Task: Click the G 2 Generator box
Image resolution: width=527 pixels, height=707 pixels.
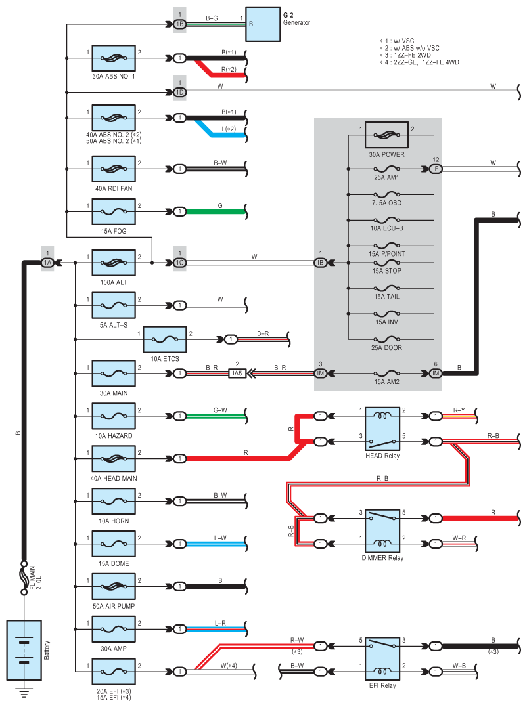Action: point(263,24)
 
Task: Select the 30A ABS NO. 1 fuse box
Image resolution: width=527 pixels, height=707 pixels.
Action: point(114,58)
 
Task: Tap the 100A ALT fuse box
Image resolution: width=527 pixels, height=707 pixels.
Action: point(114,263)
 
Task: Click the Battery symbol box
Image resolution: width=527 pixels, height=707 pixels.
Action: point(24,650)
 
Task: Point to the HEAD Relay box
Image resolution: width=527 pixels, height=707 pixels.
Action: point(382,429)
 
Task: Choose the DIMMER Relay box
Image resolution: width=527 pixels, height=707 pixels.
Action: point(382,530)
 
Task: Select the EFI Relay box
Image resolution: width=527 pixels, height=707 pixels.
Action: point(382,659)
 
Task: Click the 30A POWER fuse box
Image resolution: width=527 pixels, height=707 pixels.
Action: point(386,135)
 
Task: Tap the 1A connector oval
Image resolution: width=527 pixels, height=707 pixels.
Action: point(47,263)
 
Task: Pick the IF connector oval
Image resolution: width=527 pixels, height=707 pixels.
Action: point(436,169)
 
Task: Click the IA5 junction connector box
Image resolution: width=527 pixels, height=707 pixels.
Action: point(237,374)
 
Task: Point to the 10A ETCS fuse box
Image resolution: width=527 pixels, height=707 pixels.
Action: point(165,339)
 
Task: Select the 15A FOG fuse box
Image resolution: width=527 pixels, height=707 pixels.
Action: point(114,211)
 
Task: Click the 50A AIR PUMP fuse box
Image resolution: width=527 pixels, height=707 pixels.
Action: point(114,586)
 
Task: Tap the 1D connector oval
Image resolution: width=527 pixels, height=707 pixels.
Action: point(179,92)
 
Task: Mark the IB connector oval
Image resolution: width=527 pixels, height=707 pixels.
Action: point(321,263)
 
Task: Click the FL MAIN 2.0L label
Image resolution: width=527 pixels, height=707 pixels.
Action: point(35,578)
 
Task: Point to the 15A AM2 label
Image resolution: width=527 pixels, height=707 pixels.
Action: point(386,382)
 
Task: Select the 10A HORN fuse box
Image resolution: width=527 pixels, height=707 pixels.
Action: point(114,501)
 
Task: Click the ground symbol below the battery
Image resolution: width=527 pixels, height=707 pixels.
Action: point(24,693)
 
